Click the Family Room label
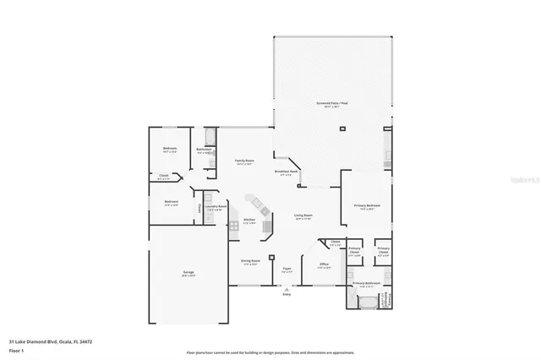(x=245, y=161)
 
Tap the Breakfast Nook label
(x=288, y=172)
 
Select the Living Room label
(x=303, y=216)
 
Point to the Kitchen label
(x=249, y=221)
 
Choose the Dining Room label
(x=250, y=261)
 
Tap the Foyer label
(x=287, y=270)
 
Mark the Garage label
(x=188, y=273)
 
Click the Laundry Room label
(x=216, y=207)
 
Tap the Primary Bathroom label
(x=365, y=283)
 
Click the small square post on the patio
(x=342, y=129)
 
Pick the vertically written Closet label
(x=199, y=207)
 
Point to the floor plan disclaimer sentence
(x=270, y=351)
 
